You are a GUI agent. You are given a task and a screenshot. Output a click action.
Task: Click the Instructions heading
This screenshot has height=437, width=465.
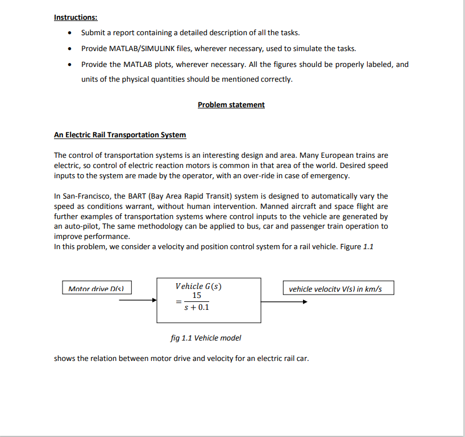pyautogui.click(x=75, y=18)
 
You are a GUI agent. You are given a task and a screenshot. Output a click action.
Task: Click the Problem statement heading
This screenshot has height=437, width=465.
pyautogui.click(x=231, y=105)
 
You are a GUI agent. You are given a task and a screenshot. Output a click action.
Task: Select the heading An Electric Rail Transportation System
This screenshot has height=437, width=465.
pyautogui.click(x=120, y=135)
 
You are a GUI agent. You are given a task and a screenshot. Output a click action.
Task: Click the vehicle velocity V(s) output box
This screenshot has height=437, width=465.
pyautogui.click(x=338, y=289)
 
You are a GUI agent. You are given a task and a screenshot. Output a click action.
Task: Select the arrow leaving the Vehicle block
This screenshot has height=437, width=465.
pyautogui.click(x=284, y=301)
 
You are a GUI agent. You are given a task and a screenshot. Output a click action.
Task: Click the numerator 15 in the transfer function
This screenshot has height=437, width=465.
pyautogui.click(x=197, y=295)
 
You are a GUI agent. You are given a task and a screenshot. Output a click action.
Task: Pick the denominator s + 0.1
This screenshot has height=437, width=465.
pyautogui.click(x=197, y=308)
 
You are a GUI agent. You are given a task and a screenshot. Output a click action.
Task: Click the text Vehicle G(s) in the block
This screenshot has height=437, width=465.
pyautogui.click(x=198, y=286)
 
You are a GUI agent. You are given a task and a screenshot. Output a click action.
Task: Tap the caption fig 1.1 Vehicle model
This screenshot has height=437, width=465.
pyautogui.click(x=206, y=338)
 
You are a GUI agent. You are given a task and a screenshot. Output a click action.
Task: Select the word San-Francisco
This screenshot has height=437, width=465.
pyautogui.click(x=86, y=196)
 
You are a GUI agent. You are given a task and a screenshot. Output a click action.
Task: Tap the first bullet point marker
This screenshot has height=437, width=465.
pyautogui.click(x=69, y=33)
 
